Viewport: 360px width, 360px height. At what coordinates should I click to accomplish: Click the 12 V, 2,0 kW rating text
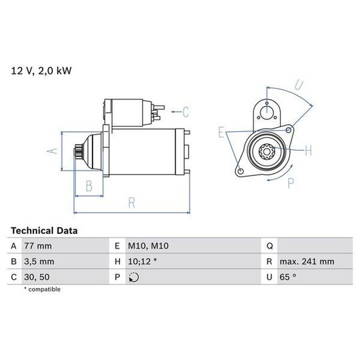click(x=41, y=71)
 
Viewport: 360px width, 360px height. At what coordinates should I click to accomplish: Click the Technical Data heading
click(x=44, y=231)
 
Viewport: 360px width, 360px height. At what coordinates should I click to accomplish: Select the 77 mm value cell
click(x=38, y=246)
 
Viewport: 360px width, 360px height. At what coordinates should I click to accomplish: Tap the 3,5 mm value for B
click(x=39, y=261)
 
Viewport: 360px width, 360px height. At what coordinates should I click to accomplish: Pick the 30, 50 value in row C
click(x=37, y=277)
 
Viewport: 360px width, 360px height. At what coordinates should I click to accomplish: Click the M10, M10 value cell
click(x=148, y=246)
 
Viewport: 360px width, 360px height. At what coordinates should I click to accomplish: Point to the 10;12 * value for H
click(x=143, y=261)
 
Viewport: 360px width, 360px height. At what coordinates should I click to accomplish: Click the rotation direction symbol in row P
click(x=134, y=277)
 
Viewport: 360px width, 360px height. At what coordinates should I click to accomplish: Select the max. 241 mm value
click(x=307, y=261)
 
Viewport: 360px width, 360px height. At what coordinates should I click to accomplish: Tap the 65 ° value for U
click(x=288, y=277)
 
